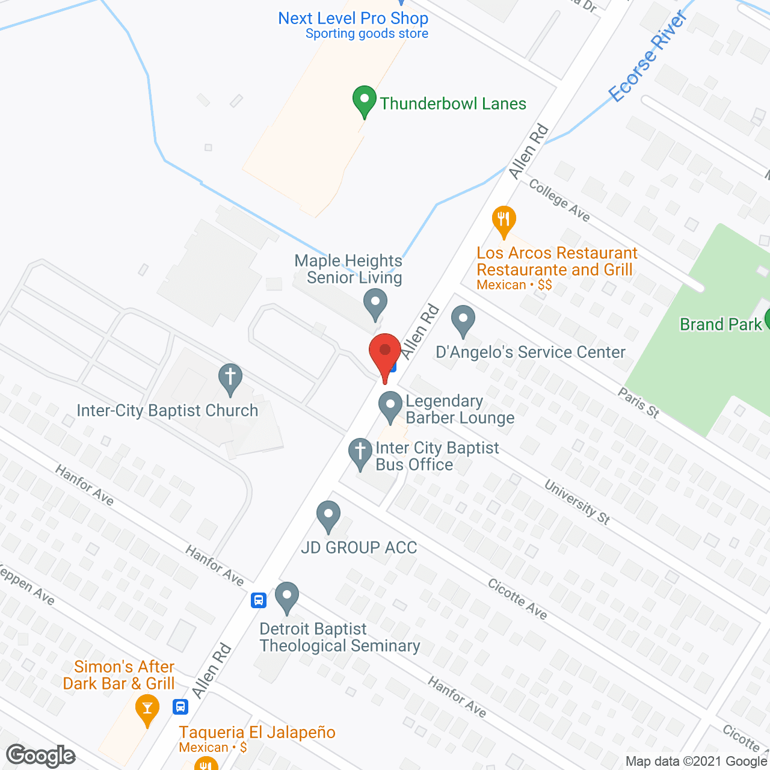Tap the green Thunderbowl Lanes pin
364,102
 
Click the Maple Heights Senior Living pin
375,303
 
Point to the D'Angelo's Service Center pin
463,320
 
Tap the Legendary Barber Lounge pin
390,406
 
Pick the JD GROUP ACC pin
328,516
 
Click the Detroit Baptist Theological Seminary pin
287,597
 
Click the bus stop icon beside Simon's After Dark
180,706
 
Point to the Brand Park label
721,325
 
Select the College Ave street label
559,200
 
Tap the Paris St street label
639,402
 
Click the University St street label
577,502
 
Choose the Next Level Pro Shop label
353,19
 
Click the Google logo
41,756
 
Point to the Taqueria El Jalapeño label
257,732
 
